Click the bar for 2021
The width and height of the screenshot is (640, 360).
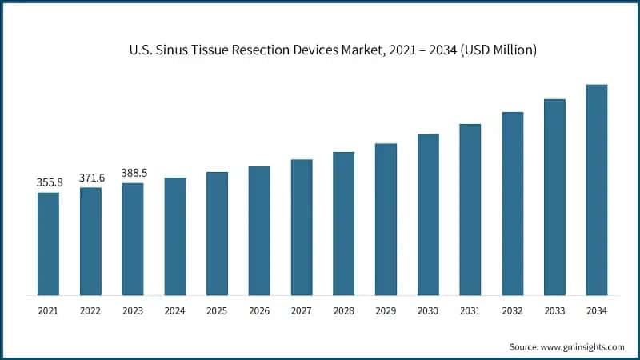coord(48,243)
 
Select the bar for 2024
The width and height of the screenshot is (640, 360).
coord(174,236)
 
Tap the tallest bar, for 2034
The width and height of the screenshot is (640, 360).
coord(596,190)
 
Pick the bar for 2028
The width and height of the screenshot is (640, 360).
coord(343,223)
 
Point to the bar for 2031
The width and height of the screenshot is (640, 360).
coord(470,210)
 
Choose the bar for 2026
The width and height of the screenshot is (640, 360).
coord(258,230)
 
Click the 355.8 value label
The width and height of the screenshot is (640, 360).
coord(49,182)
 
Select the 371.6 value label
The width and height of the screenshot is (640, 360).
coord(90,178)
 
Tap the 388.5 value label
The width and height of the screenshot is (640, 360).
coord(133,173)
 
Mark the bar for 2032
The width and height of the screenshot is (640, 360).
coord(512,203)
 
